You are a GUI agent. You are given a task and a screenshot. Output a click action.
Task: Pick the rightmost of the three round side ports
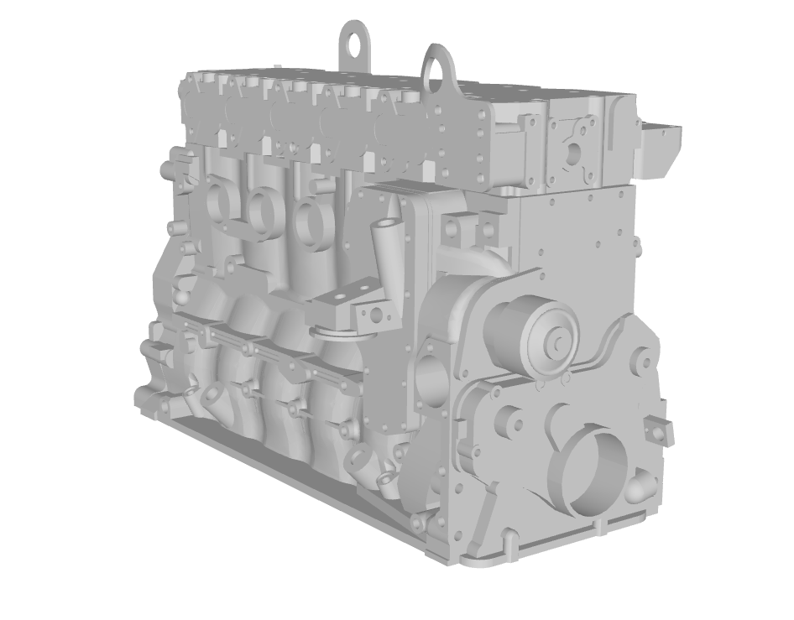pos(311,216)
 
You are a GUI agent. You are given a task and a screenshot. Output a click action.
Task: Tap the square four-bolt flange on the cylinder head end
pos(573,151)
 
